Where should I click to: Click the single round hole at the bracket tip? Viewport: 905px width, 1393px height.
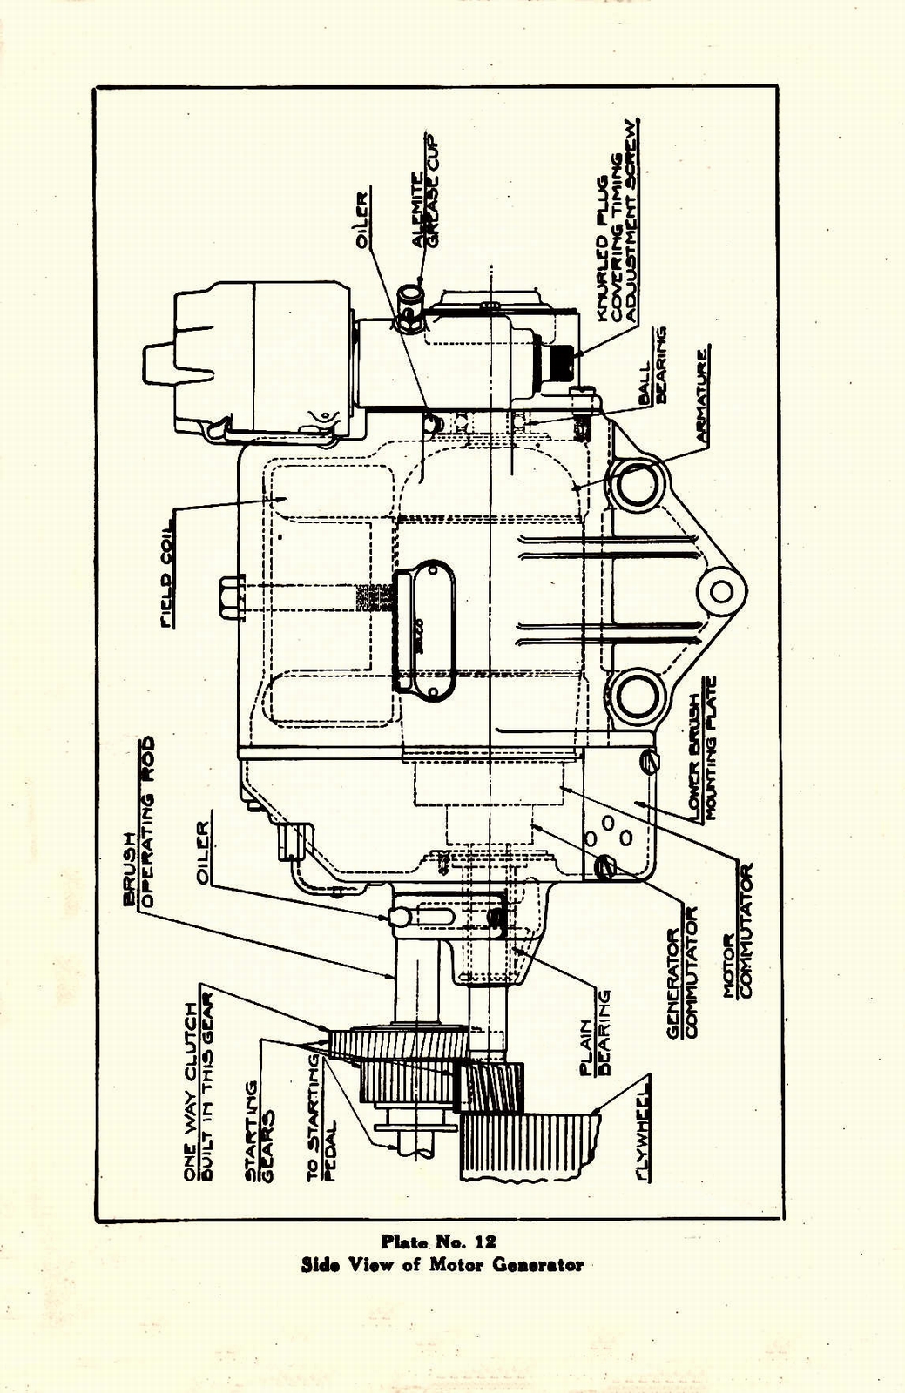(x=721, y=591)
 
